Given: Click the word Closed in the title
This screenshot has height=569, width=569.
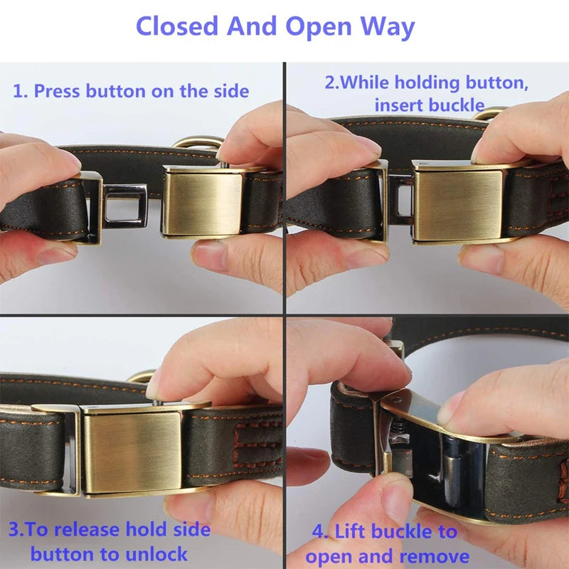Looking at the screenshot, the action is (176, 26).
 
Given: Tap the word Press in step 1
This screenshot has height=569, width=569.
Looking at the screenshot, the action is (57, 91).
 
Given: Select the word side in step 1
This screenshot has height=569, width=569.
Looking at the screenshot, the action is (231, 91).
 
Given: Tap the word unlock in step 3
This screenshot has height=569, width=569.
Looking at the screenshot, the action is (156, 554).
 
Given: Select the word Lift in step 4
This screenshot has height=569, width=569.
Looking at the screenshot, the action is (349, 531).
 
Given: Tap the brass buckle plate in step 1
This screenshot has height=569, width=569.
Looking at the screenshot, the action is (202, 204).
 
